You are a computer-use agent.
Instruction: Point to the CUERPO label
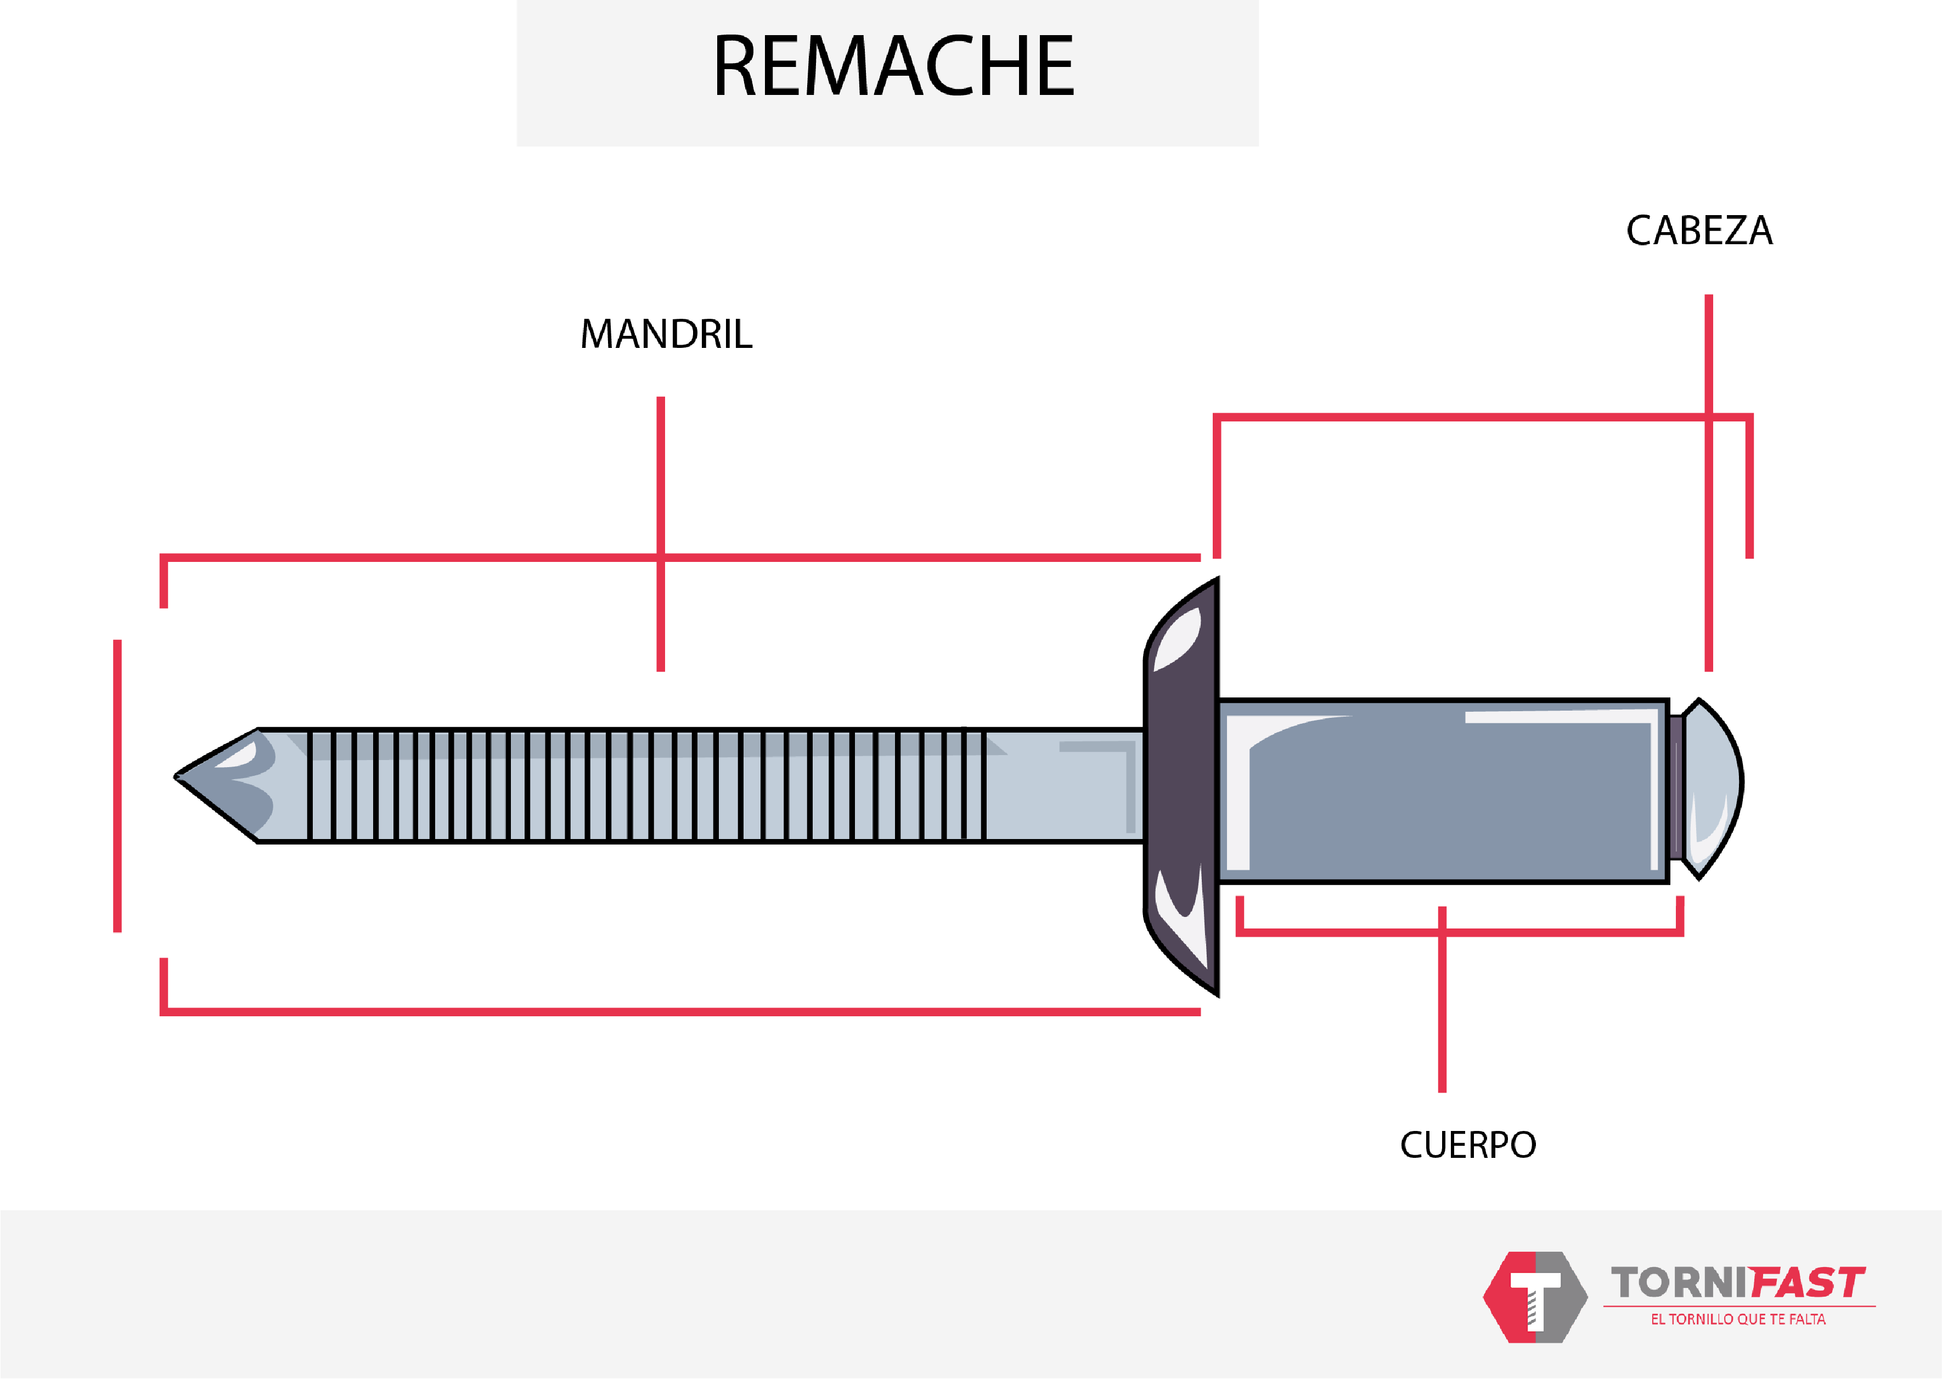(1468, 1145)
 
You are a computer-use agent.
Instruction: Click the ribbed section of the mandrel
(645, 785)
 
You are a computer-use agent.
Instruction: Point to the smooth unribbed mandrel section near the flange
(1065, 785)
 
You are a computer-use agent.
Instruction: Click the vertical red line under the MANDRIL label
(661, 534)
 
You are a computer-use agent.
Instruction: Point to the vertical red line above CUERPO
(1442, 999)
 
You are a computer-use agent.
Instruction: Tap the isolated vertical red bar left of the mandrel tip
(117, 785)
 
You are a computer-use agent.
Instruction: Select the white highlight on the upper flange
(1178, 639)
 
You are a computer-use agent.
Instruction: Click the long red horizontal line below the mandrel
(680, 1011)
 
